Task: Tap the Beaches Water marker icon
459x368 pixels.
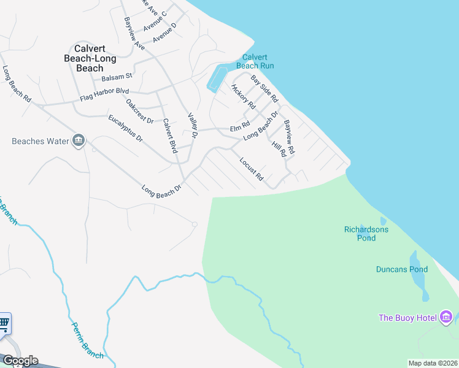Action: coord(79,141)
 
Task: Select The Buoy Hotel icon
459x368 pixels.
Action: coord(446,317)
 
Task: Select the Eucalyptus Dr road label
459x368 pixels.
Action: coord(125,129)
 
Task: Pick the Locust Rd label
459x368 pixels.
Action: coord(252,169)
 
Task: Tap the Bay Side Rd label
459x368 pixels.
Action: coord(264,89)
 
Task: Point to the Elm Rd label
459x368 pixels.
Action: coord(236,128)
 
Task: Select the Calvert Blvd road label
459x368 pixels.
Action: coord(169,138)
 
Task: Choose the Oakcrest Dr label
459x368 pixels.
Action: coord(139,111)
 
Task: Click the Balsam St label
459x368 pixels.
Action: coord(117,77)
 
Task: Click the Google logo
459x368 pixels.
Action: coord(20,361)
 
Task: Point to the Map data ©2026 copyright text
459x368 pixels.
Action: coord(433,363)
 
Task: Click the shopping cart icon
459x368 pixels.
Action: coord(4,323)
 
